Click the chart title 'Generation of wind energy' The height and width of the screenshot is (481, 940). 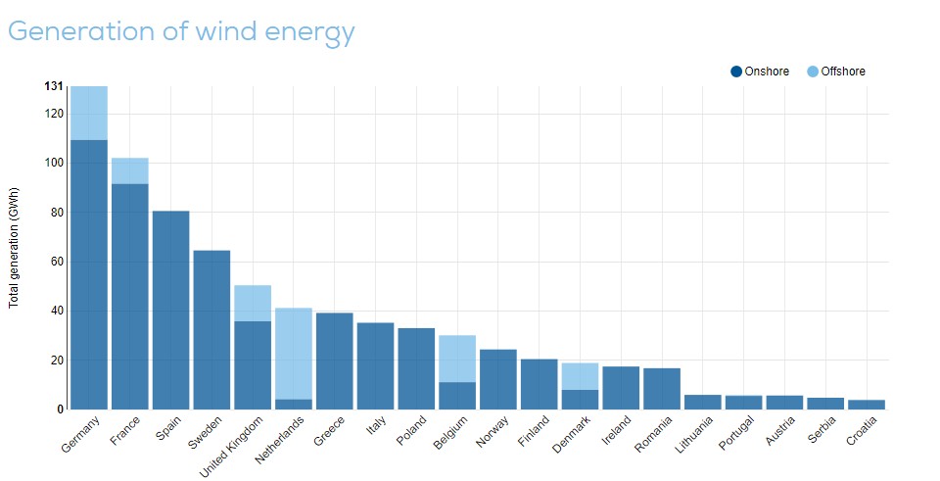(x=181, y=31)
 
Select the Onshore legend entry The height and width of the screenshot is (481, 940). (x=760, y=71)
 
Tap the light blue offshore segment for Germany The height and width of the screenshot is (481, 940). (x=89, y=113)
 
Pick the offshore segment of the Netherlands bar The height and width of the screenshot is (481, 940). (x=294, y=353)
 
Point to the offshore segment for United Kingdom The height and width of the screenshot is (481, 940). (x=253, y=303)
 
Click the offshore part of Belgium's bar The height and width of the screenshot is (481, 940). (x=457, y=359)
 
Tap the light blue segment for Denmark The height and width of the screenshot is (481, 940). (x=580, y=376)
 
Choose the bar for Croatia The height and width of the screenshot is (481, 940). (x=867, y=404)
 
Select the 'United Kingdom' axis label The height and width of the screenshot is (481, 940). (x=235, y=446)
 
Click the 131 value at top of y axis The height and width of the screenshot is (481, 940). (x=54, y=86)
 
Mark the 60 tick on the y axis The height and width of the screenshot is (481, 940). (x=56, y=262)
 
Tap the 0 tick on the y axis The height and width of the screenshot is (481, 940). (x=60, y=409)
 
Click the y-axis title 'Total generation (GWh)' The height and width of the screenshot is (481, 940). (x=15, y=248)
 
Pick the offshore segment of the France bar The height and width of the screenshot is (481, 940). (x=130, y=170)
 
